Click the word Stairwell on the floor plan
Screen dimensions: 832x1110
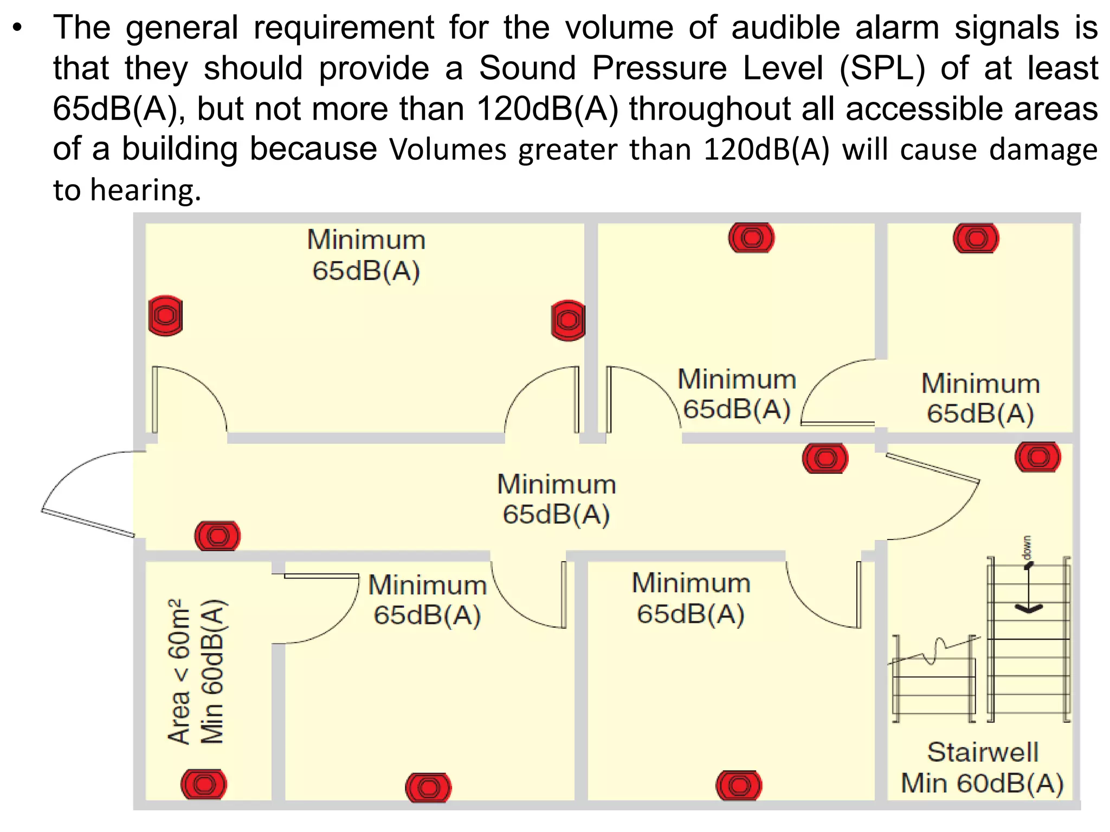(x=983, y=752)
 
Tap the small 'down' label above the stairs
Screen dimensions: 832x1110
(x=1027, y=548)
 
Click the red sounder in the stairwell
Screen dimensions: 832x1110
(x=1037, y=457)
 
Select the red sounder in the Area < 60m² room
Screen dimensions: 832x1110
(x=203, y=784)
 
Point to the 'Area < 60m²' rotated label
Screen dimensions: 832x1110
(x=179, y=672)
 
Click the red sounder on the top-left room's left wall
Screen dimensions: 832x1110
(x=165, y=315)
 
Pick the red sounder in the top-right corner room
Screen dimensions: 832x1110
(x=976, y=238)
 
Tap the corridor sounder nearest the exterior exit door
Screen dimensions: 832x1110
(x=217, y=536)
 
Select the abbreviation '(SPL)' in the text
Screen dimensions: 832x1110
(x=882, y=69)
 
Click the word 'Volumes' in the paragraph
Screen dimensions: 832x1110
(x=447, y=149)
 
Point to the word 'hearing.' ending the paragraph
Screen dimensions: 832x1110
(x=145, y=190)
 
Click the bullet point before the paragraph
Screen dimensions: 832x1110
(x=18, y=28)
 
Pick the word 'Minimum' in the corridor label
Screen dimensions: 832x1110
(x=557, y=484)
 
